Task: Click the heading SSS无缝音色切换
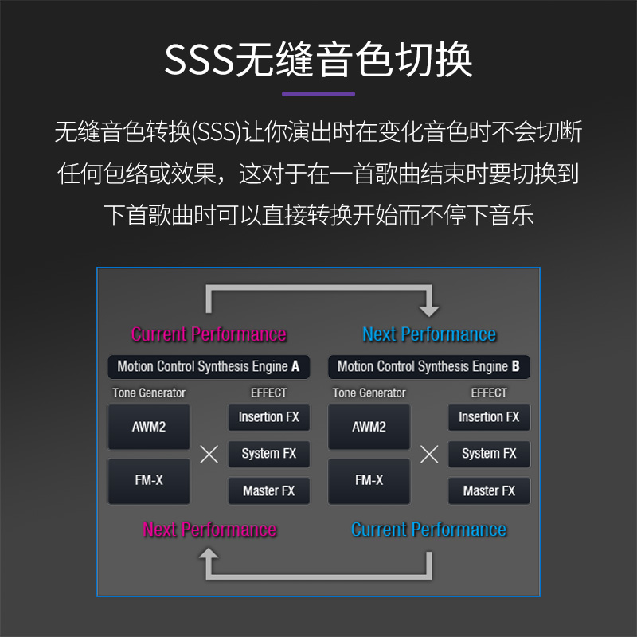[x=318, y=61]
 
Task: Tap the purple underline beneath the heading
[x=318, y=94]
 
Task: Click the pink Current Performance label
[x=209, y=334]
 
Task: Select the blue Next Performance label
[x=429, y=334]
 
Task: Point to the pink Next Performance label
[x=209, y=530]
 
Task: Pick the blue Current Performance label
[x=429, y=530]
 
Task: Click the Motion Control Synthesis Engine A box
[x=209, y=367]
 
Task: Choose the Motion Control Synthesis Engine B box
[x=429, y=367]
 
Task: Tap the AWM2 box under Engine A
[x=149, y=427]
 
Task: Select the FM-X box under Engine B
[x=369, y=481]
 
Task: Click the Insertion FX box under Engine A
[x=269, y=417]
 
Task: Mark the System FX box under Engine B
[x=489, y=454]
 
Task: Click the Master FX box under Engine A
[x=269, y=491]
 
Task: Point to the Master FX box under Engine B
[x=489, y=491]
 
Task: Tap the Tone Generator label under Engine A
[x=149, y=393]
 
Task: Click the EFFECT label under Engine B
[x=489, y=393]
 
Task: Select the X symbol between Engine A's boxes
[x=209, y=455]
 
